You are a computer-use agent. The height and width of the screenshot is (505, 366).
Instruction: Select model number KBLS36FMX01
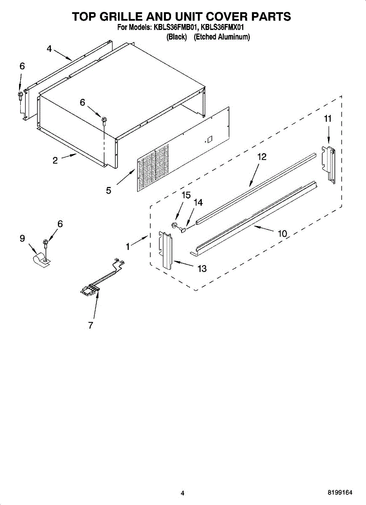coord(222,27)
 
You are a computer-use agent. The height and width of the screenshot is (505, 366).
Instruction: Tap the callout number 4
coord(49,48)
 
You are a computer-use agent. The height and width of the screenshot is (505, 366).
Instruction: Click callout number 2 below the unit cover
coord(55,160)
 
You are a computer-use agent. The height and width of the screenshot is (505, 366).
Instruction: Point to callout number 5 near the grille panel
coord(109,191)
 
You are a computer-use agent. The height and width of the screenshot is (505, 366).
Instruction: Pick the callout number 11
coord(328,119)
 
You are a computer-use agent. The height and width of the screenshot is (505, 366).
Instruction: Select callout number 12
coord(262,157)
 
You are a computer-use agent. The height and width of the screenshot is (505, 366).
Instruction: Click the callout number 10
coord(282,234)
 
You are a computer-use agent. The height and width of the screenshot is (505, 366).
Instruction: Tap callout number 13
coord(202,268)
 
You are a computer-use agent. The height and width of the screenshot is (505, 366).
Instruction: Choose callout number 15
coord(186,195)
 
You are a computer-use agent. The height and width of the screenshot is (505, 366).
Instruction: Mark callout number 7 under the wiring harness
coord(91,325)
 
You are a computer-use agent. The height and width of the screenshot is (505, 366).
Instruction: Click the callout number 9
coord(22,238)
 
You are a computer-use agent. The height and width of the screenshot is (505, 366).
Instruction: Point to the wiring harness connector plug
coord(90,290)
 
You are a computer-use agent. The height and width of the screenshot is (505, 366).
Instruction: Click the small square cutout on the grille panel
coord(210,140)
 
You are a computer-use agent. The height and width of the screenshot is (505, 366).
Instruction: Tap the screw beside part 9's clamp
coord(45,243)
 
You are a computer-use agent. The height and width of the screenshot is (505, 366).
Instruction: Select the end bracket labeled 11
coord(329,165)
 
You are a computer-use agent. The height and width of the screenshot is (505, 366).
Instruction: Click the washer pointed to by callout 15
coord(174,225)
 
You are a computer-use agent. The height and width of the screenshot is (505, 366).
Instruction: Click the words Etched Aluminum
coord(222,37)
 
